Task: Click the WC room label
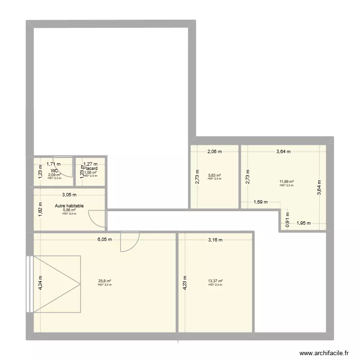tap(54, 170)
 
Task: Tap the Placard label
tap(90, 169)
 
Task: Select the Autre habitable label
tap(69, 205)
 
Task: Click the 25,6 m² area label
tap(105, 281)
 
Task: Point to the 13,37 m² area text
tap(216, 281)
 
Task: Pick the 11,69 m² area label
tap(287, 182)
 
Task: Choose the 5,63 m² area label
tap(215, 175)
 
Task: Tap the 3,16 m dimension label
tap(215, 240)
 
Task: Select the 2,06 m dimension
tap(215, 152)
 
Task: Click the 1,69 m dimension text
tap(261, 202)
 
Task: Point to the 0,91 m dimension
tap(288, 219)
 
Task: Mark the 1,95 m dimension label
tap(304, 223)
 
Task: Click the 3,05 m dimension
tap(69, 195)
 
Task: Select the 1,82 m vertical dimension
tap(41, 209)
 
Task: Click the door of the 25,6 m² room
tap(129, 241)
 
